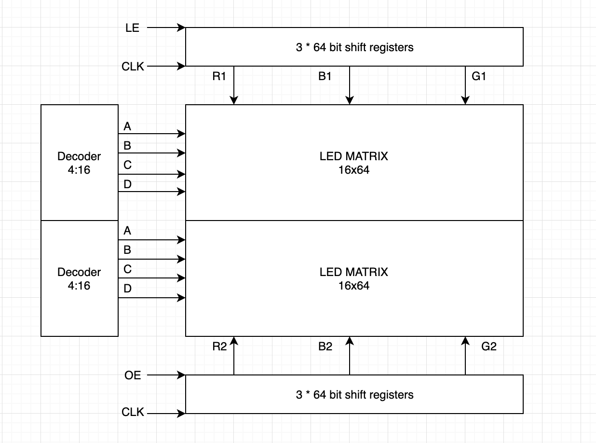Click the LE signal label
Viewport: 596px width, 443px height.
point(132,28)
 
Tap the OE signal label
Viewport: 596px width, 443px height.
point(133,375)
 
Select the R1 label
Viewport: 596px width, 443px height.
point(219,76)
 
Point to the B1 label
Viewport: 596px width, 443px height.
point(325,76)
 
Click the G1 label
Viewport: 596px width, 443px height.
point(479,76)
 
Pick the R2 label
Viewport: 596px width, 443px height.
point(219,346)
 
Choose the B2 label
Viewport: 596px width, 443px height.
point(325,346)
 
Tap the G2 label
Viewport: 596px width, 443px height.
point(489,346)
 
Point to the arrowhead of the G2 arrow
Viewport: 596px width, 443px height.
point(465,340)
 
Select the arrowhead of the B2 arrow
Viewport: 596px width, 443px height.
point(349,340)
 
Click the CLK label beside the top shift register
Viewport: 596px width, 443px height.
point(133,67)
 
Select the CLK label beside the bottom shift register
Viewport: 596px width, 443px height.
point(133,412)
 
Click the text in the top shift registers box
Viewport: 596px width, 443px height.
point(355,47)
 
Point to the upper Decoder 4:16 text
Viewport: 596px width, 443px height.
point(79,163)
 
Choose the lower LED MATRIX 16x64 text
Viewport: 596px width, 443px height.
point(354,278)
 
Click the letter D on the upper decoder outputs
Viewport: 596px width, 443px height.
point(128,184)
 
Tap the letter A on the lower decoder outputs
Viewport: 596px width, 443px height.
point(127,231)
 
